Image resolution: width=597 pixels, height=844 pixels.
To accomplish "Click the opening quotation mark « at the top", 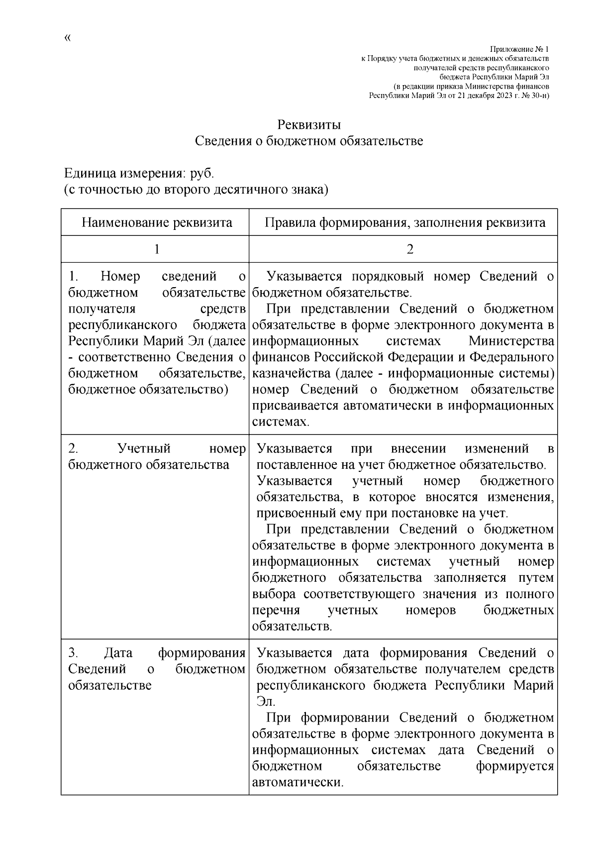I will pos(68,38).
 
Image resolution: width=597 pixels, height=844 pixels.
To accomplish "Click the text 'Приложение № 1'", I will pos(519,49).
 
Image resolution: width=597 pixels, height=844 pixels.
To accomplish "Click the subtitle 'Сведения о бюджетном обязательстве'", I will pos(308,141).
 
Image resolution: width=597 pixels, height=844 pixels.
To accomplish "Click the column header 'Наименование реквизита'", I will pos(157,222).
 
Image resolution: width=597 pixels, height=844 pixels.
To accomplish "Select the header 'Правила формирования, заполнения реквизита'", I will pos(404,222).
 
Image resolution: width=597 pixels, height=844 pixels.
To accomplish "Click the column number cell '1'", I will pos(157,249).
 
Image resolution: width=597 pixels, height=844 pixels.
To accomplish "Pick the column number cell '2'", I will pos(409,249).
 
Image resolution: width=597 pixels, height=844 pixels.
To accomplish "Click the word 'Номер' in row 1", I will pos(120,276).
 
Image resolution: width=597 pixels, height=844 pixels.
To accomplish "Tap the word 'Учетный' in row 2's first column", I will pos(144,449).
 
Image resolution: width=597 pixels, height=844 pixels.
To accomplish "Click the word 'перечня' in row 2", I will pos(276,610).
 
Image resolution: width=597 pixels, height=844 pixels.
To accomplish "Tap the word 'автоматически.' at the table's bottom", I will pos(298,782).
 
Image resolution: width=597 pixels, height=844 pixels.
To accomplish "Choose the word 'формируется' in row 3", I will pos(515,766).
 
